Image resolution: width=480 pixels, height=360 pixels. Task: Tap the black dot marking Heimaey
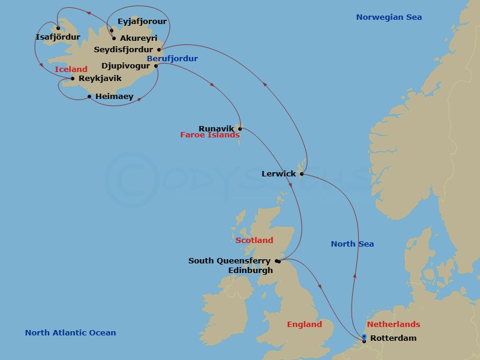click(89, 97)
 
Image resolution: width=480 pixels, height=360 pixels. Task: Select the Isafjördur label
click(58, 37)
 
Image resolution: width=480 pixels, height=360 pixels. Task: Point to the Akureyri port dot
click(114, 38)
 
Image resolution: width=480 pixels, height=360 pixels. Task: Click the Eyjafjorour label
click(142, 22)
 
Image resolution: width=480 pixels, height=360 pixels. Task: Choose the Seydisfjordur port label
click(124, 49)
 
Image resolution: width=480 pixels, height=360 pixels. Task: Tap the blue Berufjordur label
click(172, 59)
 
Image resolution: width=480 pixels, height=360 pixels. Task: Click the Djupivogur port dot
click(156, 66)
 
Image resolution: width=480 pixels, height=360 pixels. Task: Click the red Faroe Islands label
click(208, 136)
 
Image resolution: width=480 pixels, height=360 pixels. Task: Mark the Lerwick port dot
click(301, 175)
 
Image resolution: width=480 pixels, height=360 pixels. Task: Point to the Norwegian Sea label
click(389, 17)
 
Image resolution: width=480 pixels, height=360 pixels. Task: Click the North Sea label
click(352, 244)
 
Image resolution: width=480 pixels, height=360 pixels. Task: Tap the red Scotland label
click(254, 241)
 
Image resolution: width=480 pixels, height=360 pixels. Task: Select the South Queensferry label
click(229, 261)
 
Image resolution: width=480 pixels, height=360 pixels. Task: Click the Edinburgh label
click(250, 270)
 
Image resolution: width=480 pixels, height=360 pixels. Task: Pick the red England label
click(304, 325)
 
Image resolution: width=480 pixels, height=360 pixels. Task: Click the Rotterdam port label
click(393, 338)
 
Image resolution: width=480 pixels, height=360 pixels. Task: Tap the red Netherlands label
click(393, 325)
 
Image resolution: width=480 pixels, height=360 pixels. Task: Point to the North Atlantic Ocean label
click(71, 333)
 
